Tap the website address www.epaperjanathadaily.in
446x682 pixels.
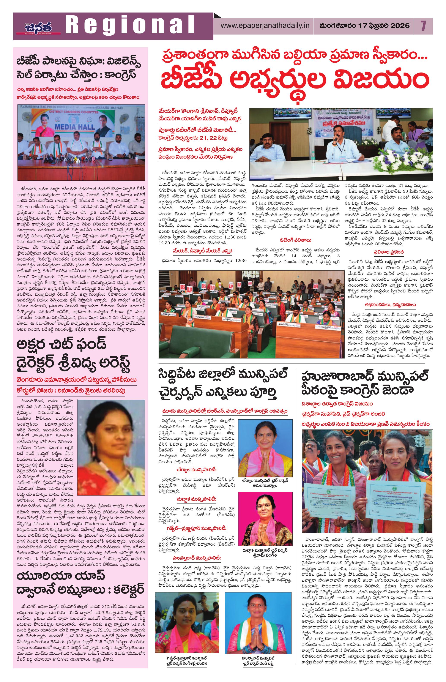(265, 25)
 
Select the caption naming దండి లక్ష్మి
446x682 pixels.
(256, 672)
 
